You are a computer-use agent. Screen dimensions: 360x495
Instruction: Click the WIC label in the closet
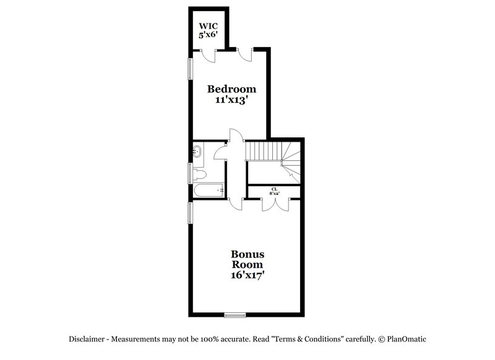(208, 27)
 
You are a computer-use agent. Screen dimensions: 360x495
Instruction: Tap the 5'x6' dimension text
(208, 36)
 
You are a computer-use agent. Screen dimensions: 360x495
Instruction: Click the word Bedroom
(231, 89)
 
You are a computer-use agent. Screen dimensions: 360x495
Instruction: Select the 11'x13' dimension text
(231, 101)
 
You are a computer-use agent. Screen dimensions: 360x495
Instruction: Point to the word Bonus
(248, 254)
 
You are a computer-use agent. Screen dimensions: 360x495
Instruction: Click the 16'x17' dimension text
(248, 276)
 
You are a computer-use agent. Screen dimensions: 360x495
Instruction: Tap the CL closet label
(273, 189)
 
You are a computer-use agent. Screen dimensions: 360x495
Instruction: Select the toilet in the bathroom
(199, 174)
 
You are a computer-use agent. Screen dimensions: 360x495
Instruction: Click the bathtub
(208, 191)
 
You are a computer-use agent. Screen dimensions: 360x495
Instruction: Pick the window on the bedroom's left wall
(191, 68)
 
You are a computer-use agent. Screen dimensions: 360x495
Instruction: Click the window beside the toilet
(191, 173)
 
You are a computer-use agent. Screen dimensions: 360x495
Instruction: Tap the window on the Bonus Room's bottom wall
(235, 315)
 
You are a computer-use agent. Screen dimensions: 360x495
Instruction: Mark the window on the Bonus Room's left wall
(191, 213)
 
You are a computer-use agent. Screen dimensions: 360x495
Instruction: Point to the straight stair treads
(262, 150)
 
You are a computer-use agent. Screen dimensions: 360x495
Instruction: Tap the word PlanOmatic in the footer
(407, 340)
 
